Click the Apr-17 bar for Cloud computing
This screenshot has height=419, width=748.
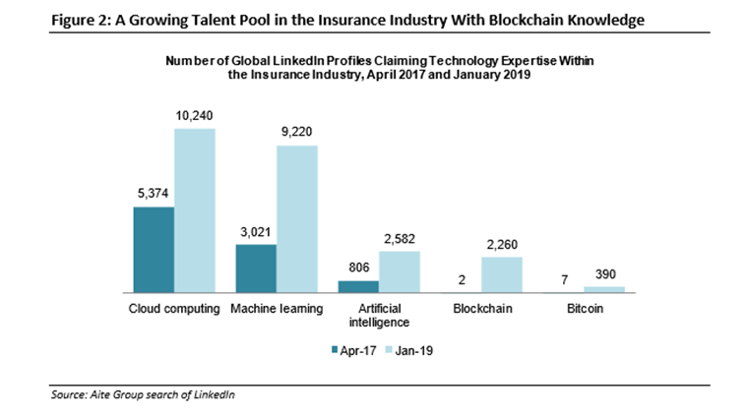pyautogui.click(x=154, y=250)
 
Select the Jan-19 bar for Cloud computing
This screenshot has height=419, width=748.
pyautogui.click(x=195, y=210)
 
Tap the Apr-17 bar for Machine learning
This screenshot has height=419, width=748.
pyautogui.click(x=256, y=269)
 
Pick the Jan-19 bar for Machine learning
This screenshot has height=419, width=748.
pyautogui.click(x=297, y=218)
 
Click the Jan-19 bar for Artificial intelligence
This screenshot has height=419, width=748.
pyautogui.click(x=400, y=271)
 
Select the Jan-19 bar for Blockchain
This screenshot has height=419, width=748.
pyautogui.click(x=502, y=274)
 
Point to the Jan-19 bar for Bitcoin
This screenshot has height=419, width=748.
pyautogui.click(x=604, y=289)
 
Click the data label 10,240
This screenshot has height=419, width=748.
pyautogui.click(x=195, y=116)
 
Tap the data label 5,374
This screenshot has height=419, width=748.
pyautogui.click(x=154, y=194)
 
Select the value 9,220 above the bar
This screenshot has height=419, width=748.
pyautogui.click(x=297, y=133)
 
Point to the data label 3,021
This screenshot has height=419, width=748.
pyautogui.click(x=256, y=232)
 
